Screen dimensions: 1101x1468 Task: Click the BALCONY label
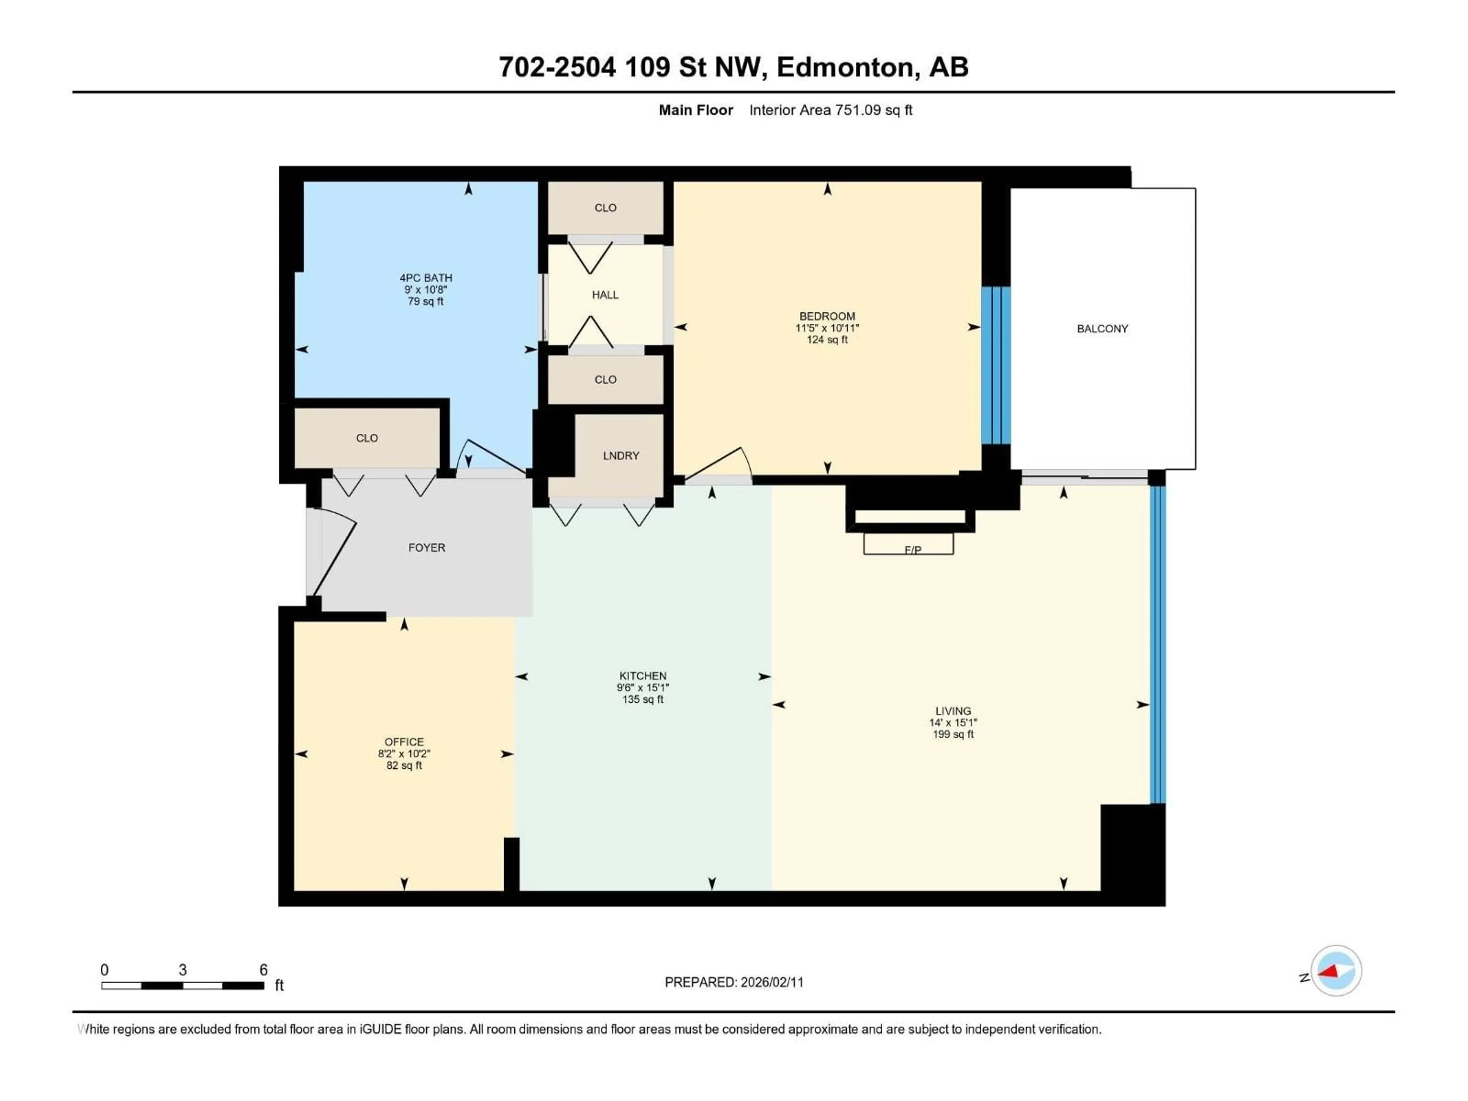click(x=1102, y=328)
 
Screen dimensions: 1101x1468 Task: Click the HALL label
click(x=604, y=295)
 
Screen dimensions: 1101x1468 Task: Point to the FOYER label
click(x=426, y=547)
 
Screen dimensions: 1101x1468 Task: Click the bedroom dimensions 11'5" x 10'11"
click(x=827, y=328)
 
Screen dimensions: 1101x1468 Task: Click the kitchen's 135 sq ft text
click(x=642, y=700)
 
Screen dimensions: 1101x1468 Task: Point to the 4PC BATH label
click(x=425, y=278)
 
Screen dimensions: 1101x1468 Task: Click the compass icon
click(x=1336, y=970)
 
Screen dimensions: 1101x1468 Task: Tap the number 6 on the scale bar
click(x=263, y=969)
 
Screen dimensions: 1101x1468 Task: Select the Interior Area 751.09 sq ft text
click(x=830, y=110)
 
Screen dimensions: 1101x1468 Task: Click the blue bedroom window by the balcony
click(x=995, y=365)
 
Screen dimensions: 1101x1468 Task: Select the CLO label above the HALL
click(x=604, y=208)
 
